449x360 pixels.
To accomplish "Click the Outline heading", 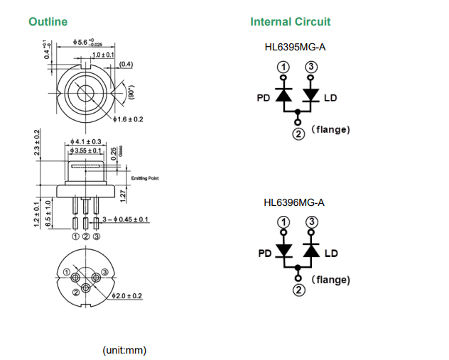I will (48, 22).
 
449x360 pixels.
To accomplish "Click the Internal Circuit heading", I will (290, 22).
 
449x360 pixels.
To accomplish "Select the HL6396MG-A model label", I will (294, 202).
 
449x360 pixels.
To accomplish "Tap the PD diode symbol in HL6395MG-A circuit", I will (283, 94).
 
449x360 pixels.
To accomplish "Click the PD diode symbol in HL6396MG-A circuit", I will (283, 251).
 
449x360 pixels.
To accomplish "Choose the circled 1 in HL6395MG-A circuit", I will (283, 67).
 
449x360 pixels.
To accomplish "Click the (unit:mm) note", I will (124, 350).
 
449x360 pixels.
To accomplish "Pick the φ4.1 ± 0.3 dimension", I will (87, 142).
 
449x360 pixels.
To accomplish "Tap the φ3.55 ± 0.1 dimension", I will (87, 151).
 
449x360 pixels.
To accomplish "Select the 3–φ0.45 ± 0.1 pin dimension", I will (125, 220).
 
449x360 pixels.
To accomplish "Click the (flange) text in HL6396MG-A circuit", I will (330, 280).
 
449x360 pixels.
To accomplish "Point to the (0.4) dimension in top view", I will (126, 65).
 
